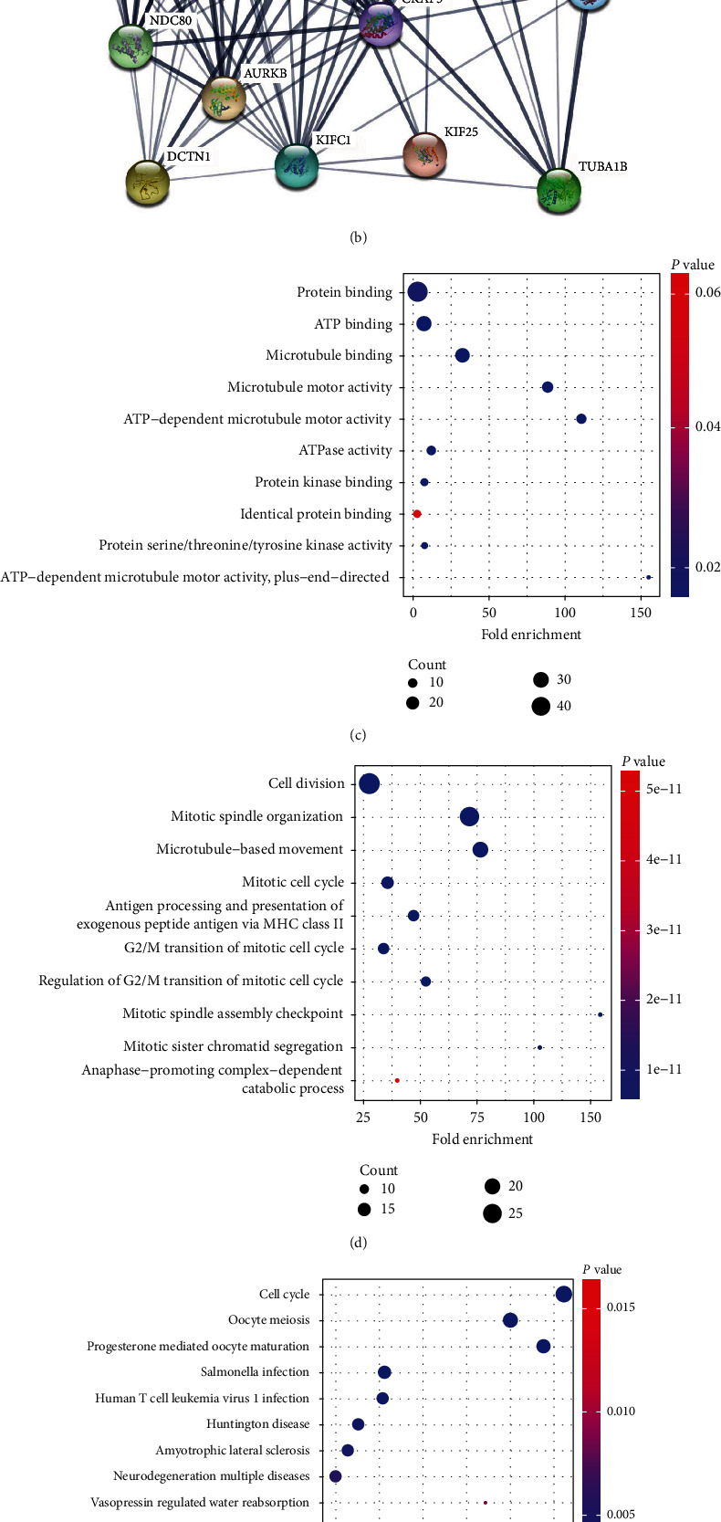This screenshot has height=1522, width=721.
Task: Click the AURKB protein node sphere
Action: [223, 99]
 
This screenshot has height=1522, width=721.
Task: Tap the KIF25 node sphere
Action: [424, 154]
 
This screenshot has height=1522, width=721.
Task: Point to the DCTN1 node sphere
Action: [147, 183]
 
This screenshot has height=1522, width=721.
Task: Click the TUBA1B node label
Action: [602, 167]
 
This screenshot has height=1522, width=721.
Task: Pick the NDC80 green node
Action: [131, 47]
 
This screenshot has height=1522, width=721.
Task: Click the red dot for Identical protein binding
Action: [417, 514]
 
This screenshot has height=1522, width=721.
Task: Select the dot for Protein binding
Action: [417, 292]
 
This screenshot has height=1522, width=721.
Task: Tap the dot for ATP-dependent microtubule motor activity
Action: [581, 419]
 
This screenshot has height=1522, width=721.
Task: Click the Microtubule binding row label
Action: [329, 355]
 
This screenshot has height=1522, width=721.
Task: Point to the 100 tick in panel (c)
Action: [565, 613]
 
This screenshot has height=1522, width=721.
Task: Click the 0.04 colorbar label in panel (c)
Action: [707, 426]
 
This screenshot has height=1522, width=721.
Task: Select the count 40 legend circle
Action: [541, 706]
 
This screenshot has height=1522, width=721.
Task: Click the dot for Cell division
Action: [370, 783]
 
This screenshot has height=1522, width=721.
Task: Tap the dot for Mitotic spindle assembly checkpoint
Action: [600, 1014]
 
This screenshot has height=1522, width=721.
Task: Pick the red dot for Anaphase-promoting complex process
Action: [397, 1080]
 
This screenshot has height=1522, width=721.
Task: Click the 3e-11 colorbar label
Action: [664, 929]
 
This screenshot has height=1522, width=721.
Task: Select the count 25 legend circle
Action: [493, 1213]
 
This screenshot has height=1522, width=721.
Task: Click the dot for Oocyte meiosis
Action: [510, 1320]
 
